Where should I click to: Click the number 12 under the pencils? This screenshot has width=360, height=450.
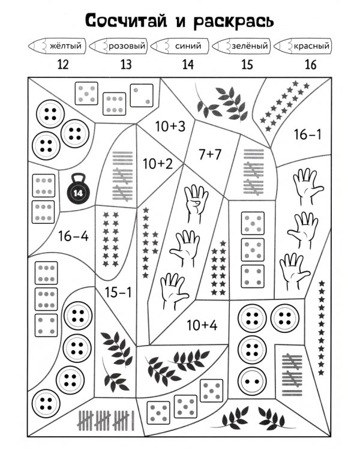[64, 65]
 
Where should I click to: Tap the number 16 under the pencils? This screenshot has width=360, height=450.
[310, 65]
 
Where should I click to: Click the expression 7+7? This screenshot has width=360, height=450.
[211, 154]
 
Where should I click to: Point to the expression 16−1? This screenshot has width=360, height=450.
[307, 135]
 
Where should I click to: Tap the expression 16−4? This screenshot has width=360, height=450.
[73, 236]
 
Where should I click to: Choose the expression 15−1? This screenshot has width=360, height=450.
[118, 293]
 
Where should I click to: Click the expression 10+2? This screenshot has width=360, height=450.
[157, 163]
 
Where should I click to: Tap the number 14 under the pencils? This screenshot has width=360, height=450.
[187, 65]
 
